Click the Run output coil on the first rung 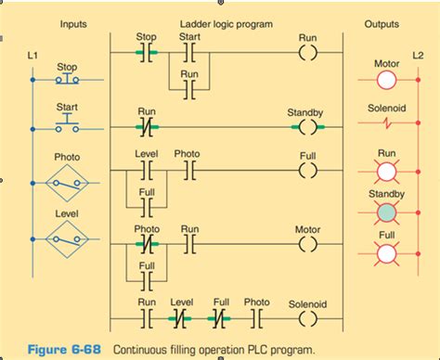point(308,52)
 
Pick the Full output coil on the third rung point(308,170)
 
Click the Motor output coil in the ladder point(308,245)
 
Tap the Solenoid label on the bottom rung point(307,302)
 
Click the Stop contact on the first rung point(147,52)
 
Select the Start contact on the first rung point(189,52)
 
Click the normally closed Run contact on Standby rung point(147,126)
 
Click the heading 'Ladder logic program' point(226,21)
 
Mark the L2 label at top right point(418,58)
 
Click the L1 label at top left point(33,58)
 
